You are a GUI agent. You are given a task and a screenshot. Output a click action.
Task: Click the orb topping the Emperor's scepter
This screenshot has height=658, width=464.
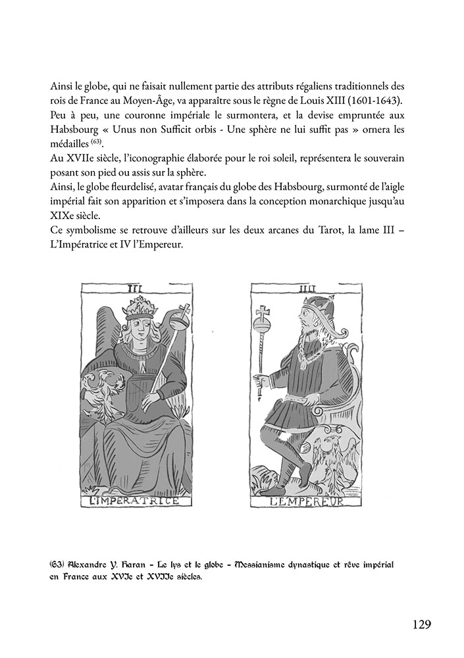coord(265,326)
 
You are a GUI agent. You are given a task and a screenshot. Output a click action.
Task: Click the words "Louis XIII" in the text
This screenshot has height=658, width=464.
coord(342,102)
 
